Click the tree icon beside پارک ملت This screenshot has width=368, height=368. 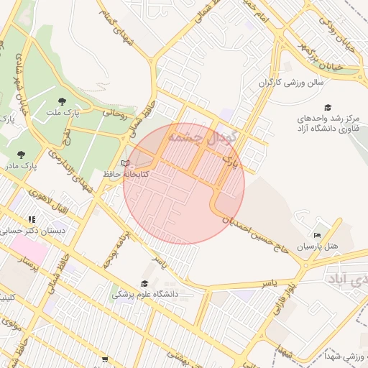(x=60, y=101)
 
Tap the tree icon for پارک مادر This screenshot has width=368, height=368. (x=20, y=154)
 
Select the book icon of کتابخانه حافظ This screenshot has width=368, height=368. (x=126, y=163)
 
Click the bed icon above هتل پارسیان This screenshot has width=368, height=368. (x=318, y=235)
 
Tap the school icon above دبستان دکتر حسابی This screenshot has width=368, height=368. (x=32, y=220)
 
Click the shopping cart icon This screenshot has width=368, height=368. (x=105, y=359)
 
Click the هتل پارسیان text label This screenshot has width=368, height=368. (x=316, y=247)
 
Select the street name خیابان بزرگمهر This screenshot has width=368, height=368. (x=337, y=62)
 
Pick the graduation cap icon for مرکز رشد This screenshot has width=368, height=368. (x=328, y=107)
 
